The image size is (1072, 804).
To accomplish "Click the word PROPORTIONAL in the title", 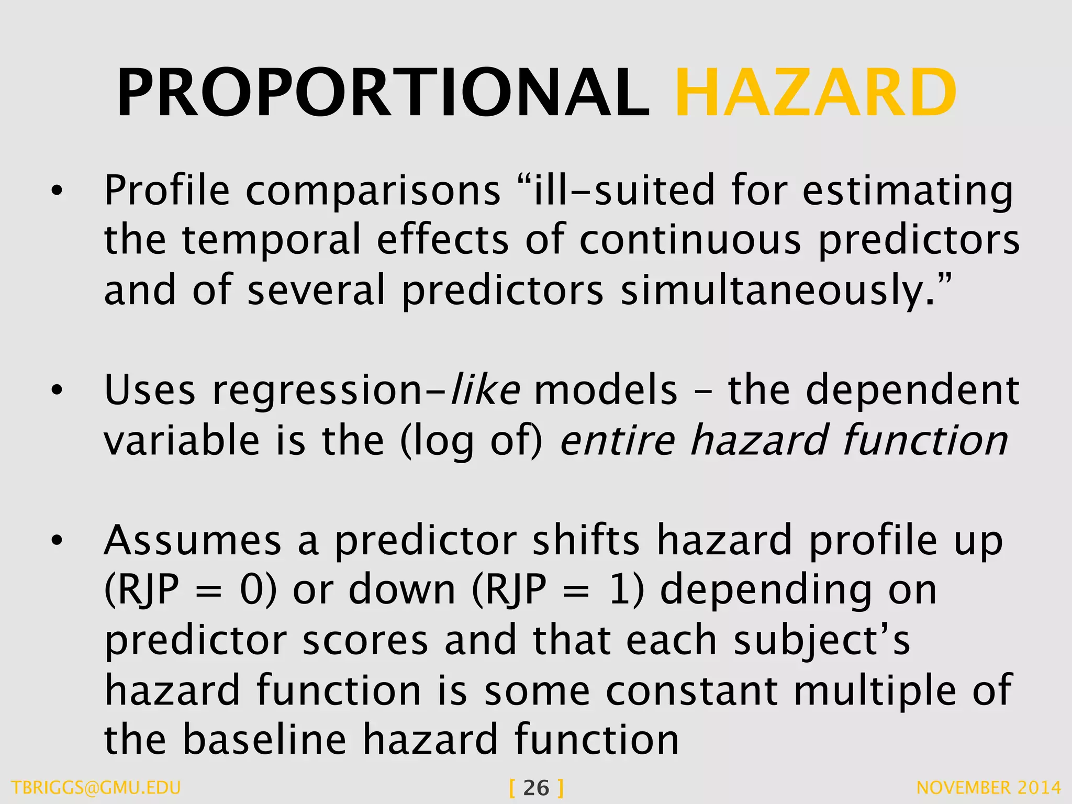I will coord(383,93).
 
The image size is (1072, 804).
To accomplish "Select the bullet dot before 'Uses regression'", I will coord(57,390).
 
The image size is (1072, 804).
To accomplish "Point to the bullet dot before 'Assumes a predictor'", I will coord(57,541).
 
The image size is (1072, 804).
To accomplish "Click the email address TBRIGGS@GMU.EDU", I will coord(96,788).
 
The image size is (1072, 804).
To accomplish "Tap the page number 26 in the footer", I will coord(536,788).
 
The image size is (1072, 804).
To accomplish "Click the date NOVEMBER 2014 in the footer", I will coord(989,788).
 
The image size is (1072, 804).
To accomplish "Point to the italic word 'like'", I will coord(485,389).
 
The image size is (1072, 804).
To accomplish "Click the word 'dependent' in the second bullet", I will coord(912,389).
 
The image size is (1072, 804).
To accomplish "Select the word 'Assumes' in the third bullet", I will coord(193,540).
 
